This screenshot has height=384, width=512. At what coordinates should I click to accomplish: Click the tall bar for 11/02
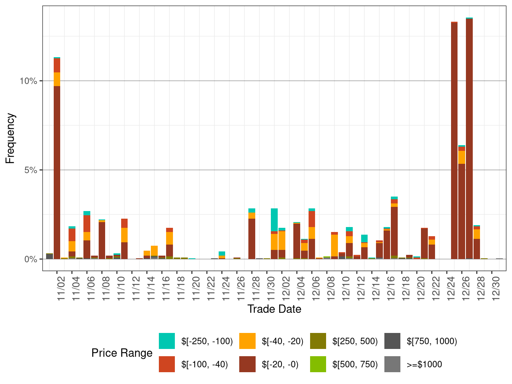57,171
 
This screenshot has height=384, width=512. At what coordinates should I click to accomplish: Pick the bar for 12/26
462,210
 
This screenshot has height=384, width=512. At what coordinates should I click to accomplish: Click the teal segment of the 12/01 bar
274,219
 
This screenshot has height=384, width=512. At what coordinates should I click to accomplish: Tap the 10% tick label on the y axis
29,81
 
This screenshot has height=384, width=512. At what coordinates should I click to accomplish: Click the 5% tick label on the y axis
31,170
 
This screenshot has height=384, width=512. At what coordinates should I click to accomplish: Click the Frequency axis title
10,138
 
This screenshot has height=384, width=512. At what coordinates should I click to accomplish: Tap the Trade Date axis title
274,309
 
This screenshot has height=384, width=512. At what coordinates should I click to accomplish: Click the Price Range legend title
122,353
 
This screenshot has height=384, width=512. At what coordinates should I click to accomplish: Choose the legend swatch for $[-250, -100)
167,341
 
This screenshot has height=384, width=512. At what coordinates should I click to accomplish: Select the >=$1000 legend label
424,365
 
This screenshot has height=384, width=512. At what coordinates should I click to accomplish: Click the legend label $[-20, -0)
280,365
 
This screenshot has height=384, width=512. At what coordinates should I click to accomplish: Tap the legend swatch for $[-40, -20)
247,341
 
